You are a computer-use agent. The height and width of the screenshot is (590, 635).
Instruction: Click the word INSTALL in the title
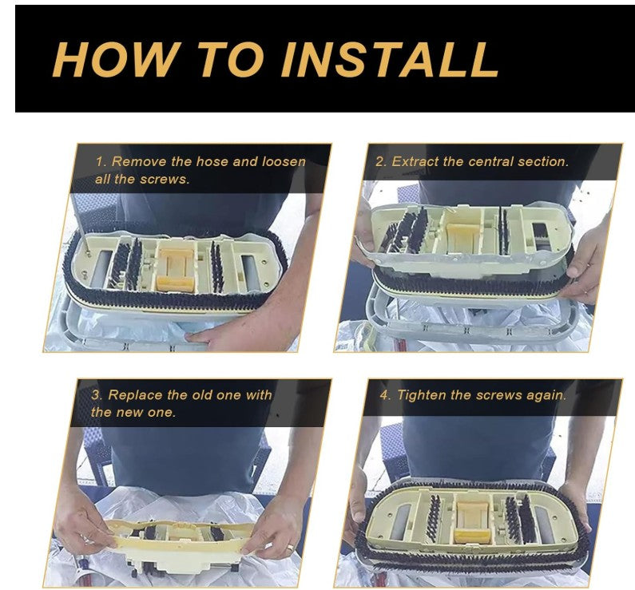tap(391, 59)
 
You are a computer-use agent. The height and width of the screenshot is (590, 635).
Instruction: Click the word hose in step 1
tap(212, 161)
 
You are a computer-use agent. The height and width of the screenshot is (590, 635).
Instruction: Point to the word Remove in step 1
tap(139, 161)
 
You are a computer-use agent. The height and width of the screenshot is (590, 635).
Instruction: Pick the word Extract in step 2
tap(415, 161)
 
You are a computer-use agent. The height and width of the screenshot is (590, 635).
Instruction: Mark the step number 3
tap(97, 394)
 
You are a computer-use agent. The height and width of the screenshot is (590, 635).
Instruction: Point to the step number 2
tap(381, 161)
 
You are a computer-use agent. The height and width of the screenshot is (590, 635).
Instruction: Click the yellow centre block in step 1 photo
tap(177, 271)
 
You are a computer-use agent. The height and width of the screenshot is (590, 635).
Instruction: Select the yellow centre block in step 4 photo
tap(472, 522)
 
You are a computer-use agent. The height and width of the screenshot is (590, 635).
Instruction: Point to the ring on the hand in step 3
tap(291, 548)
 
